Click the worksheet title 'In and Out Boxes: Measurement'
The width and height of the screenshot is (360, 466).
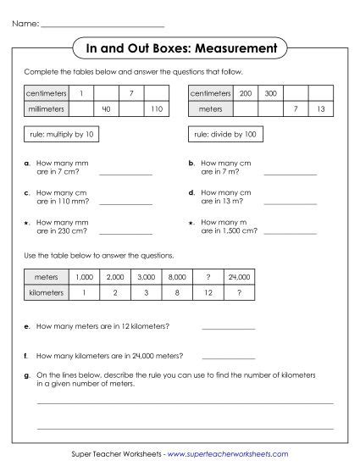tap(180, 49)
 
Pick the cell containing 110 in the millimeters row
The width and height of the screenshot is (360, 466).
tap(156, 109)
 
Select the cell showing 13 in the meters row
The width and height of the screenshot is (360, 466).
tap(320, 109)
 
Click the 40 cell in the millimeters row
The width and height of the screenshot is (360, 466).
tap(106, 109)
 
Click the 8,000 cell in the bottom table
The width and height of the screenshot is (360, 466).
tap(177, 276)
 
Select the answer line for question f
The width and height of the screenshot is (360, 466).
tap(228, 356)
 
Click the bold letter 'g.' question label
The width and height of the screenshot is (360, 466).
tap(28, 374)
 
